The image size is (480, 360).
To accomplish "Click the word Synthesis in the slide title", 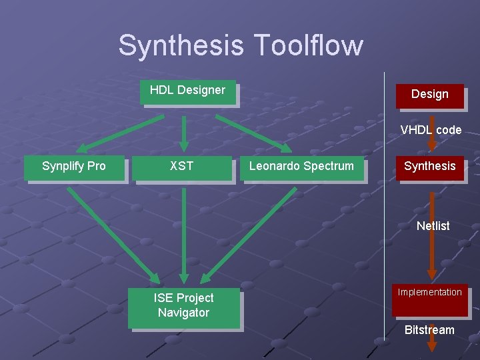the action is pyautogui.click(x=181, y=46).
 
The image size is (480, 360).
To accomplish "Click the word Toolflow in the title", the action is pyautogui.click(x=307, y=46).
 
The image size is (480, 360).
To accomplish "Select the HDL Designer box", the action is pyautogui.click(x=187, y=91).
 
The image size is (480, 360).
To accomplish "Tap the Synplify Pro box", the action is pyautogui.click(x=74, y=167).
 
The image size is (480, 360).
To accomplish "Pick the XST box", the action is pyautogui.click(x=181, y=167).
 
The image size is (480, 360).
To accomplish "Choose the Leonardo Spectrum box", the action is pyautogui.click(x=301, y=167).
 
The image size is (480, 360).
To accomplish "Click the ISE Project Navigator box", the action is pyautogui.click(x=183, y=307).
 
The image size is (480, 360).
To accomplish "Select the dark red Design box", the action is pyautogui.click(x=429, y=95).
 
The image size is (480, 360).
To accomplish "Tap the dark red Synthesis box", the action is pyautogui.click(x=430, y=167).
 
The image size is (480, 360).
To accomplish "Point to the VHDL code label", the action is pyautogui.click(x=431, y=130).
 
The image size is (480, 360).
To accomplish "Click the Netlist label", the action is pyautogui.click(x=433, y=226).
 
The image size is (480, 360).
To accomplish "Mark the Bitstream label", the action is pyautogui.click(x=429, y=330).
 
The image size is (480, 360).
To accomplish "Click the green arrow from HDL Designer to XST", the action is pyautogui.click(x=184, y=131).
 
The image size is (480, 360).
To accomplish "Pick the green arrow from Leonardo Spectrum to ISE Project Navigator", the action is pyautogui.click(x=250, y=233).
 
